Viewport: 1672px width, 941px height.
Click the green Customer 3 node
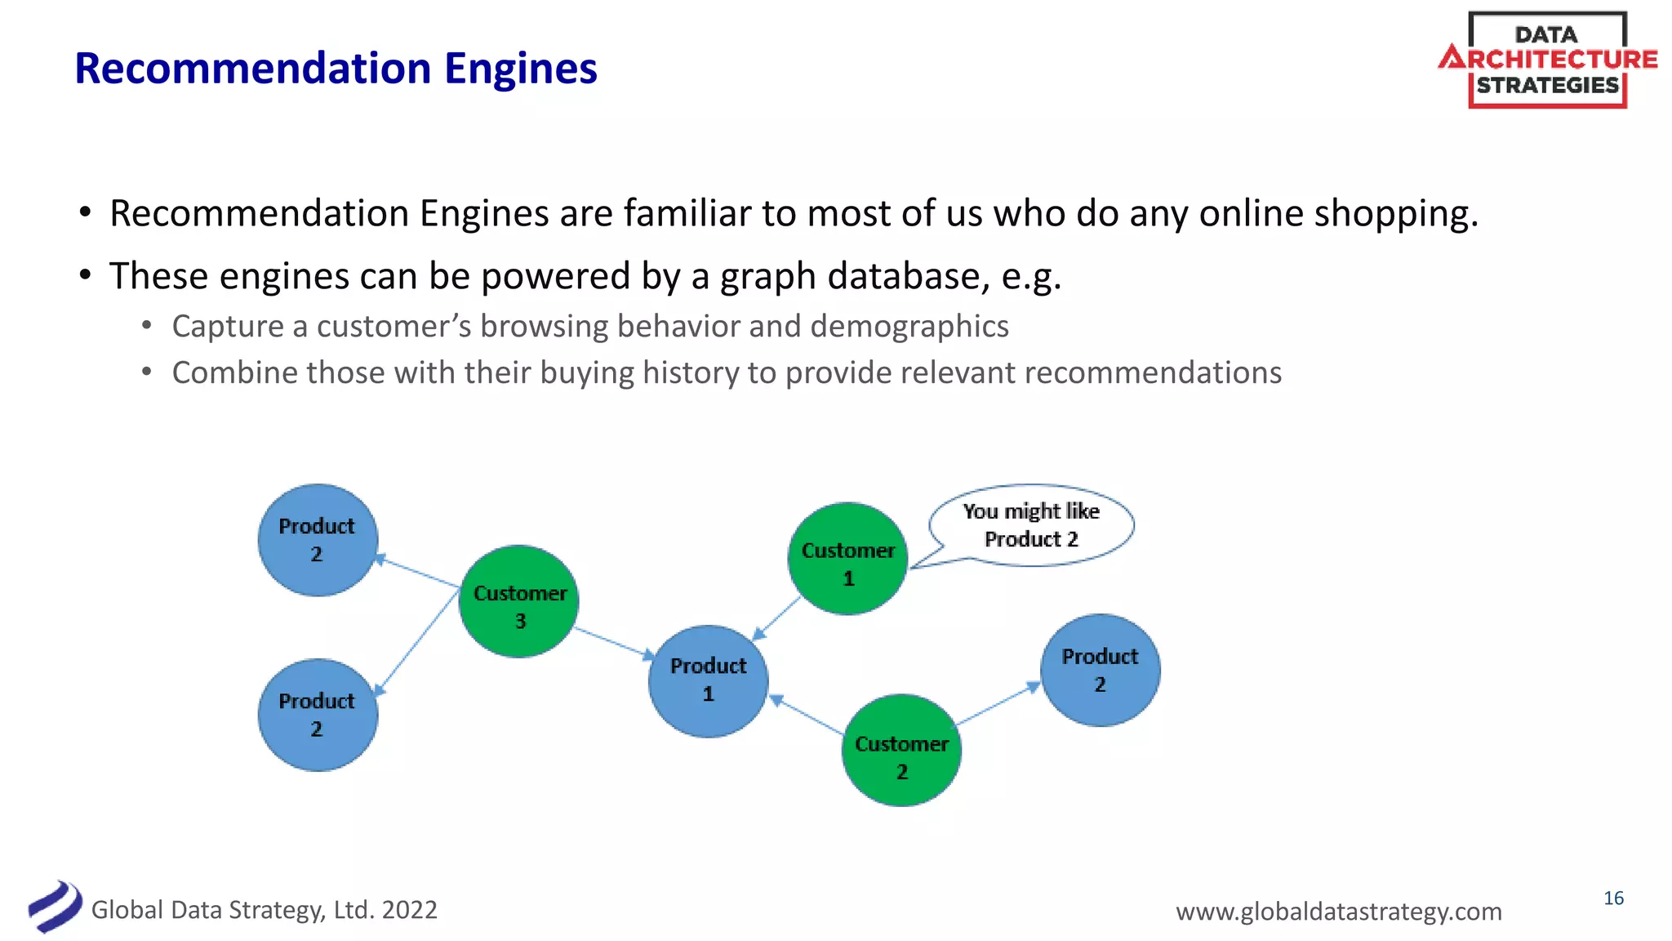pos(519,601)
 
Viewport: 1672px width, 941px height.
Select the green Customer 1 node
pos(848,559)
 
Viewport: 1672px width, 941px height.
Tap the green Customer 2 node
pos(901,751)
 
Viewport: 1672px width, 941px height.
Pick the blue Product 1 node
pos(708,681)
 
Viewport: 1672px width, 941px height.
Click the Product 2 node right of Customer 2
pos(1100,670)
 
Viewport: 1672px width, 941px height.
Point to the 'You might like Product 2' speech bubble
pos(1031,525)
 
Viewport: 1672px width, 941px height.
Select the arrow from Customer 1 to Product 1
pos(776,618)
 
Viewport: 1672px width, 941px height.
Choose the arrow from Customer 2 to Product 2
pos(998,704)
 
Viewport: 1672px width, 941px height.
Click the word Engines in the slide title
pos(521,69)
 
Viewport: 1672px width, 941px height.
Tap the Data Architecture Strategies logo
pos(1547,60)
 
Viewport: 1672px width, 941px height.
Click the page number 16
pos(1613,899)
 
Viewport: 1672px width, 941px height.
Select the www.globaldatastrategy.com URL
pos(1338,912)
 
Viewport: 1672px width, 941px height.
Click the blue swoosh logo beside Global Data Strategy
pos(56,907)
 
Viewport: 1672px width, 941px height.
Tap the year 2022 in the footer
pos(409,910)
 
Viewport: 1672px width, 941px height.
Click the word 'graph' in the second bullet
pos(767,277)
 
